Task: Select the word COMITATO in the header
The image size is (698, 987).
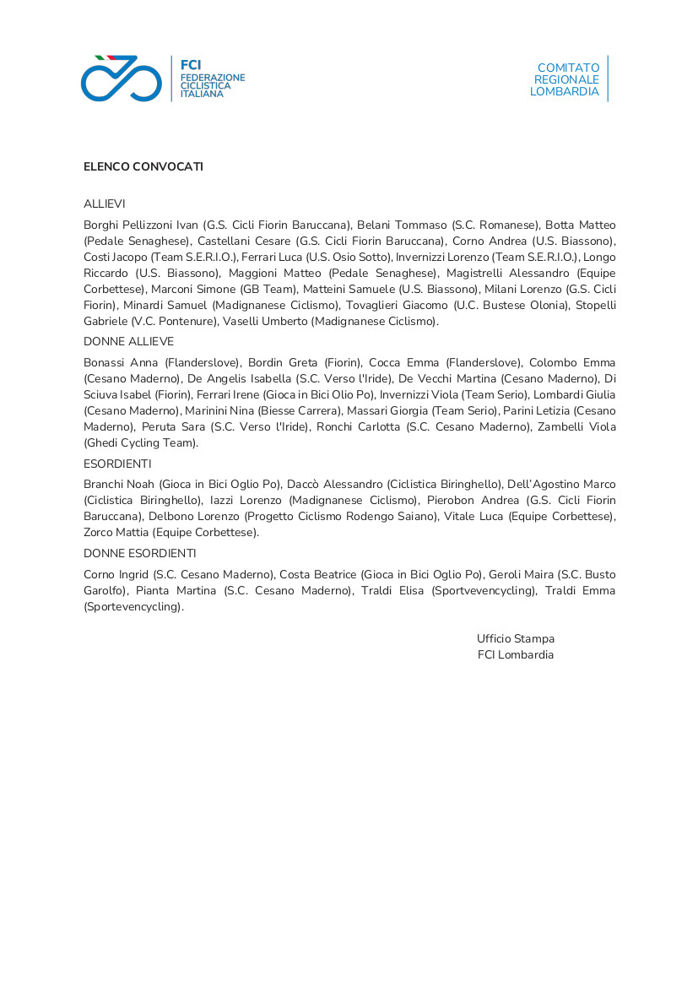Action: pyautogui.click(x=568, y=68)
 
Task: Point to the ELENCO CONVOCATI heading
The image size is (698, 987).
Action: pyautogui.click(x=143, y=167)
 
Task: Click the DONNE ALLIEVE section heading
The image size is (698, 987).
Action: pyautogui.click(x=128, y=341)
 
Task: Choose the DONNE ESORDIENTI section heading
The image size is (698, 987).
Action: pyautogui.click(x=139, y=553)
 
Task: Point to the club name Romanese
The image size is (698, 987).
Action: pyautogui.click(x=508, y=225)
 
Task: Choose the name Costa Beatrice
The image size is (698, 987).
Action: pyautogui.click(x=317, y=574)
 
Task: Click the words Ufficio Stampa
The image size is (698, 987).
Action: pyautogui.click(x=515, y=639)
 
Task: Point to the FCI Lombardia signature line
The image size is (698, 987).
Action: pyautogui.click(x=515, y=655)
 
